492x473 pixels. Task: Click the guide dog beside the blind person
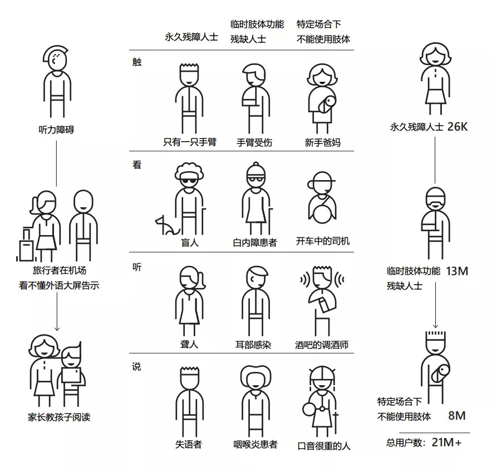click(x=166, y=226)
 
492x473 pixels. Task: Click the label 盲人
click(x=190, y=242)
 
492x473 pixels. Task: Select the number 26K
click(x=457, y=127)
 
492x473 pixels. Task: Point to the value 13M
click(x=457, y=271)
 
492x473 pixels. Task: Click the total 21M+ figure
click(x=446, y=442)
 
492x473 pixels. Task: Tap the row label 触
click(x=137, y=62)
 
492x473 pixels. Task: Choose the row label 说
click(x=136, y=366)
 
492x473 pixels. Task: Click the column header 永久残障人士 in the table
click(x=191, y=37)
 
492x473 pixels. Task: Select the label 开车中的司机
click(x=323, y=241)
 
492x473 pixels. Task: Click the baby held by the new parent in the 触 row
click(x=327, y=104)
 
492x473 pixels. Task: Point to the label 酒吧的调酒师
click(x=322, y=345)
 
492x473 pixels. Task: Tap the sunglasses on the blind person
click(x=189, y=182)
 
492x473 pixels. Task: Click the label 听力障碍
click(x=56, y=130)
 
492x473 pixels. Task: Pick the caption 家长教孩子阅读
click(x=59, y=417)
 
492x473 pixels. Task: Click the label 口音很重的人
click(x=324, y=446)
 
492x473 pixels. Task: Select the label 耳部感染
click(x=253, y=345)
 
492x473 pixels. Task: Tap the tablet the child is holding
click(x=71, y=375)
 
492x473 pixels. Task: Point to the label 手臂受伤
click(x=254, y=142)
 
